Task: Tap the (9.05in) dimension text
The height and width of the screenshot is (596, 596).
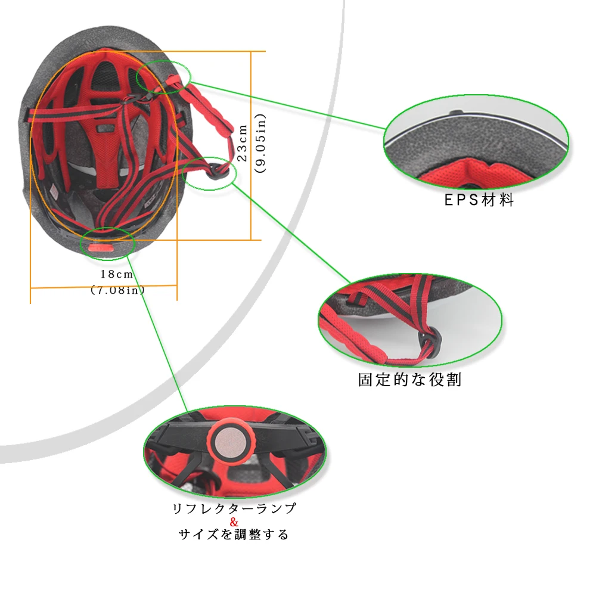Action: click(260, 144)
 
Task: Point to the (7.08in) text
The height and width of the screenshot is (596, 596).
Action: click(117, 291)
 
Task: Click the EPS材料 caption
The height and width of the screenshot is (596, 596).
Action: click(479, 200)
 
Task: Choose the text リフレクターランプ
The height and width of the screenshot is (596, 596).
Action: click(234, 509)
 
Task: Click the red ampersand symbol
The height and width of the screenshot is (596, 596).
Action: click(234, 523)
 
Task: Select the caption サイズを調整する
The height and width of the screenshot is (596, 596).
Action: click(234, 535)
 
